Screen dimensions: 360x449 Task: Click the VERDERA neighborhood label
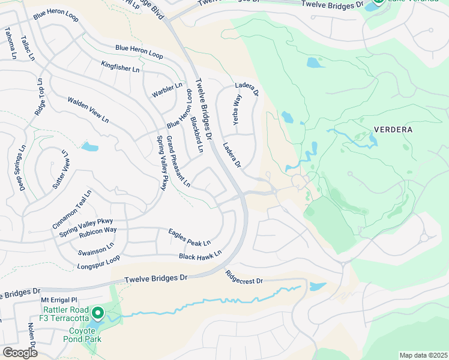click(393, 129)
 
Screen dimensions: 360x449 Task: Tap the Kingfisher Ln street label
click(120, 67)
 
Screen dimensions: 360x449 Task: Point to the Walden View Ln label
click(88, 110)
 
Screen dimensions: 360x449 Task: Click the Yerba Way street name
click(237, 109)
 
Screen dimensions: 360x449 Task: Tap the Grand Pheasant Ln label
click(178, 161)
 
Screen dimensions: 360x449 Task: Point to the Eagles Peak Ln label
click(189, 238)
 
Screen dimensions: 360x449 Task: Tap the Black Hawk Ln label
click(200, 255)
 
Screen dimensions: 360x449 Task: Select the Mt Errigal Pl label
click(59, 299)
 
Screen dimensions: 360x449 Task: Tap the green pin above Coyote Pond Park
click(97, 313)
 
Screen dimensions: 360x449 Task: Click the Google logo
click(20, 352)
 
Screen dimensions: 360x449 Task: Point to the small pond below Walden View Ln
click(89, 147)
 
